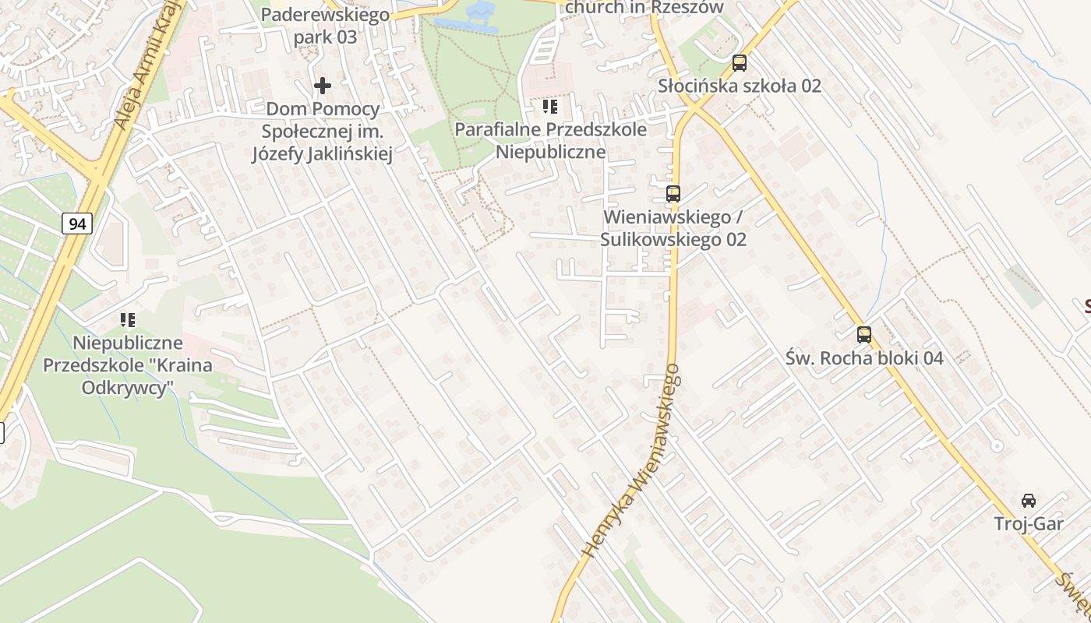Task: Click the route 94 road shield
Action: (77, 224)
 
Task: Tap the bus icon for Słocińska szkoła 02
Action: (739, 63)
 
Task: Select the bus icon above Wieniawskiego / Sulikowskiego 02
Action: (673, 194)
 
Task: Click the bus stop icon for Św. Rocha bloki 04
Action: (864, 335)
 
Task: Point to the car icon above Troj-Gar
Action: (1029, 500)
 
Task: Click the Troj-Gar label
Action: (1029, 524)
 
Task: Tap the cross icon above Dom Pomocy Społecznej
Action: (323, 86)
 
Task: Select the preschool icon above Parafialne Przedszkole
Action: (550, 107)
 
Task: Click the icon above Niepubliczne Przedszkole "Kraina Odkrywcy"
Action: (128, 319)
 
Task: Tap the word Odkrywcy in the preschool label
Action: (128, 388)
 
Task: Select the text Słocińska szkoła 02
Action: (740, 86)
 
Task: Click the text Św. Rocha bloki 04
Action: (864, 358)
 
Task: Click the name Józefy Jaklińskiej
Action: (322, 154)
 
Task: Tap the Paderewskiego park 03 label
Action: (325, 25)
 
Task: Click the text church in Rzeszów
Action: (644, 8)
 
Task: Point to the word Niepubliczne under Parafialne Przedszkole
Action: (550, 151)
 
